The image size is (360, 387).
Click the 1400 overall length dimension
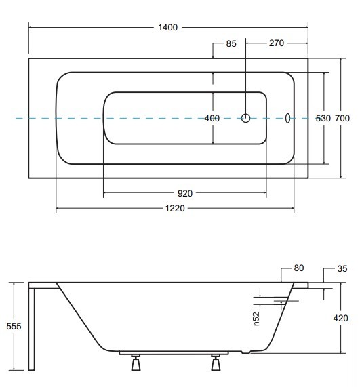[x=167, y=27]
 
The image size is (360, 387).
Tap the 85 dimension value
[x=231, y=43]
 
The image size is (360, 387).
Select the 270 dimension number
[x=277, y=43]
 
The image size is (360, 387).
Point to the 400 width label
[x=212, y=118]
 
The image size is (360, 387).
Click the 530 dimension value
[x=323, y=119]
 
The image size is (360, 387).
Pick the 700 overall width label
[x=342, y=118]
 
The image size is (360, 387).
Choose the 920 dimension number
[x=185, y=193]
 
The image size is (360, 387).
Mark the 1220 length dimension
[x=175, y=209]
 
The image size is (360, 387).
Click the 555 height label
[x=14, y=326]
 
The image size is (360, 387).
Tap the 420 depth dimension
[x=341, y=318]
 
